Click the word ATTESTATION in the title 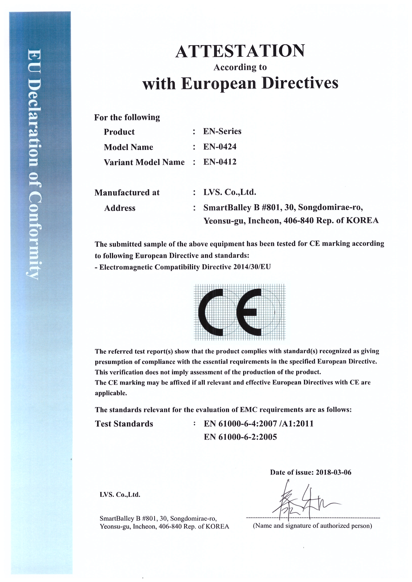coord(240,51)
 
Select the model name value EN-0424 coord(220,146)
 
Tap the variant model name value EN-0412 coord(220,162)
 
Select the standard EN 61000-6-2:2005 coord(240,437)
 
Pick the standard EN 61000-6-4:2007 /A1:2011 coord(259,424)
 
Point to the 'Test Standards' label coord(124,424)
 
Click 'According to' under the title coord(240,67)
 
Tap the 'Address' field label coord(120,208)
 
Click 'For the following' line coord(127,117)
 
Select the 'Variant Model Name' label coord(144,162)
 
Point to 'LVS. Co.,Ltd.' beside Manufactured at coord(230,192)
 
